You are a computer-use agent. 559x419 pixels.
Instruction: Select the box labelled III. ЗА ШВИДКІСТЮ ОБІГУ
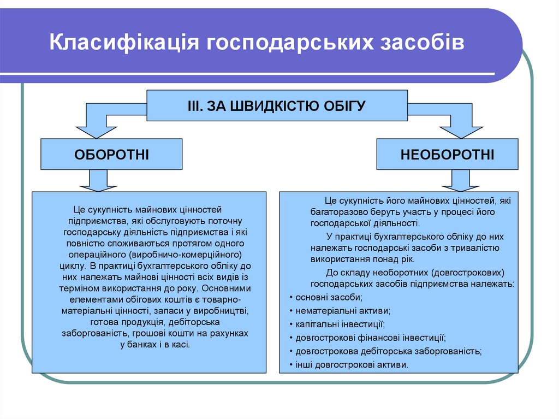tap(277, 105)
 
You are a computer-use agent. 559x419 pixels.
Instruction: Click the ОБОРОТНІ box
tap(111, 154)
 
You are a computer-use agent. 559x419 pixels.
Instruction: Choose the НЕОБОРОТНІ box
tap(447, 154)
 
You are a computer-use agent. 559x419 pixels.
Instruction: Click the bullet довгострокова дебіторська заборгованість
tap(388, 351)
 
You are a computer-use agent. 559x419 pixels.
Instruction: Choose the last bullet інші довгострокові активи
tap(352, 365)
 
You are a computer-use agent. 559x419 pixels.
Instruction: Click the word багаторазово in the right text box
tap(336, 212)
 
